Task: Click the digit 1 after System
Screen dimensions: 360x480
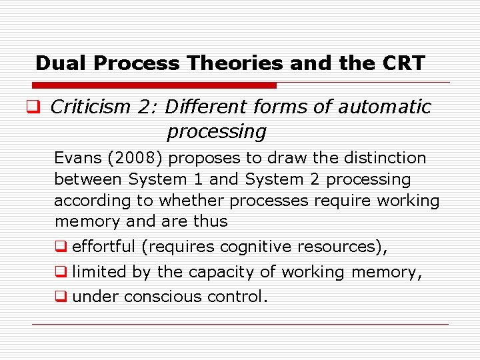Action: pyautogui.click(x=197, y=179)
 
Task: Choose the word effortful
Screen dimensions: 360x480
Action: pyautogui.click(x=104, y=247)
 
